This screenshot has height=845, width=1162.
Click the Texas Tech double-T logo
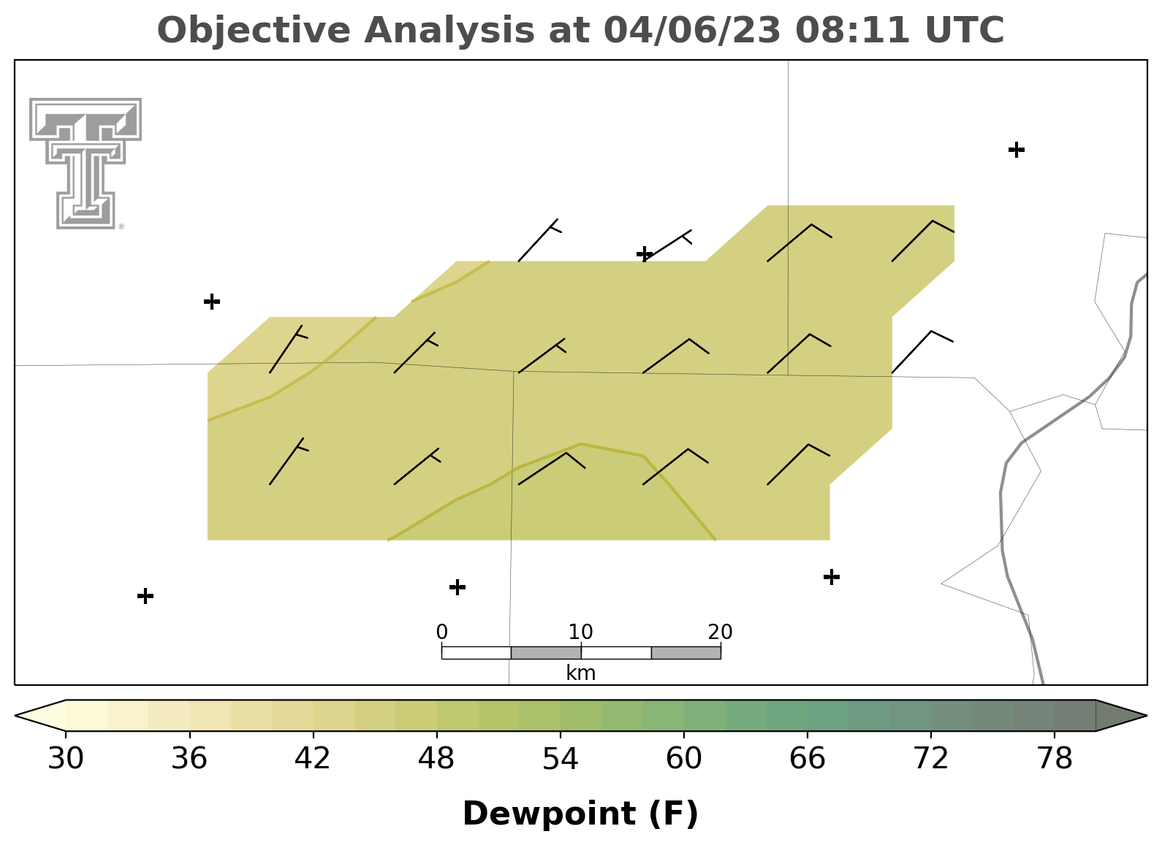click(x=86, y=164)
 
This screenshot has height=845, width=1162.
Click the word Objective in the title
click(x=254, y=31)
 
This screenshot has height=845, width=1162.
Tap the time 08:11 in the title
click(x=852, y=30)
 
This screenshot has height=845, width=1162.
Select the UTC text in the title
click(x=965, y=30)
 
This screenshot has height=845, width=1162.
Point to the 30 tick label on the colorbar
click(x=65, y=758)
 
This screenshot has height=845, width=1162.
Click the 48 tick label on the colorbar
click(x=436, y=758)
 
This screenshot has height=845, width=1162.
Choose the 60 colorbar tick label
click(x=684, y=758)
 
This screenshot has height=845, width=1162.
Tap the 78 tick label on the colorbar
click(x=1055, y=758)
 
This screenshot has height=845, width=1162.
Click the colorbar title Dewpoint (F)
click(x=580, y=814)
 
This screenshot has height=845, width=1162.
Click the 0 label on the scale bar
click(x=442, y=632)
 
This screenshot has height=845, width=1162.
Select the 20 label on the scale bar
click(x=720, y=632)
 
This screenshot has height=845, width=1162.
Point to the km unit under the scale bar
click(x=580, y=673)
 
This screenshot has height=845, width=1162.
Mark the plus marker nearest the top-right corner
click(x=1017, y=150)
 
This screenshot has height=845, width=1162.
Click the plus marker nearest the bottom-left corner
click(x=145, y=596)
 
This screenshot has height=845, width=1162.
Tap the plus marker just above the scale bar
click(x=457, y=587)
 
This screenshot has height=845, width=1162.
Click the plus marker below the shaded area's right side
click(x=832, y=577)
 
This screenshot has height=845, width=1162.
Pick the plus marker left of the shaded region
click(x=212, y=302)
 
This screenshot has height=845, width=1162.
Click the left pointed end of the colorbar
click(x=15, y=716)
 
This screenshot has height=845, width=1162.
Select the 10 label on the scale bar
click(x=580, y=632)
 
